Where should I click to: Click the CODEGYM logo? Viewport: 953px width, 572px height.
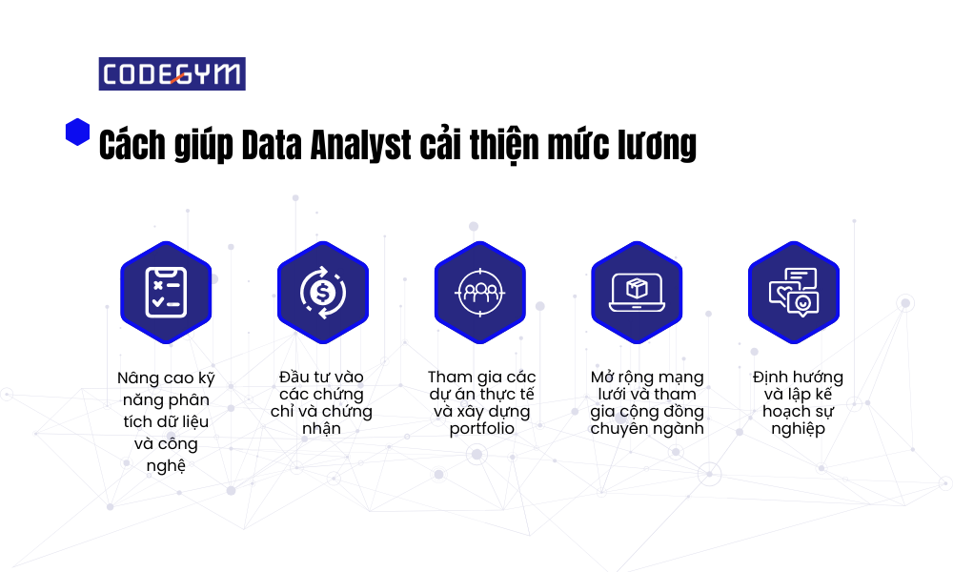(172, 74)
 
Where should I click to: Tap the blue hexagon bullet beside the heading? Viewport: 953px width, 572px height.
(77, 132)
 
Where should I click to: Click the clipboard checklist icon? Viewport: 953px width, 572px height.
(166, 293)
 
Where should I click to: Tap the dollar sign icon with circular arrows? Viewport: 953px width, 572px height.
(323, 293)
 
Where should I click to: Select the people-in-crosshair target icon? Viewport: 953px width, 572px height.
(480, 293)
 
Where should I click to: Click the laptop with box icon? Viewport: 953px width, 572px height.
(637, 293)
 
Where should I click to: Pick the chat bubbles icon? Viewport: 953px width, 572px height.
(794, 293)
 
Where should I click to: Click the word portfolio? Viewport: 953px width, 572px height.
(482, 429)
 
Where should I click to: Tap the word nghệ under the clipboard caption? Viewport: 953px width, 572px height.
(166, 466)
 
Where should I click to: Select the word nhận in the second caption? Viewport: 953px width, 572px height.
(321, 429)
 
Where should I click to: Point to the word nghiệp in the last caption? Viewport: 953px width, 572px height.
(798, 429)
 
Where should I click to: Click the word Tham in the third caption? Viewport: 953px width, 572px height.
(450, 377)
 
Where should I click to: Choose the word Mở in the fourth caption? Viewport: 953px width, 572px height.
(602, 377)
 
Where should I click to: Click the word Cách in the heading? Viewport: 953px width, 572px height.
(132, 145)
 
